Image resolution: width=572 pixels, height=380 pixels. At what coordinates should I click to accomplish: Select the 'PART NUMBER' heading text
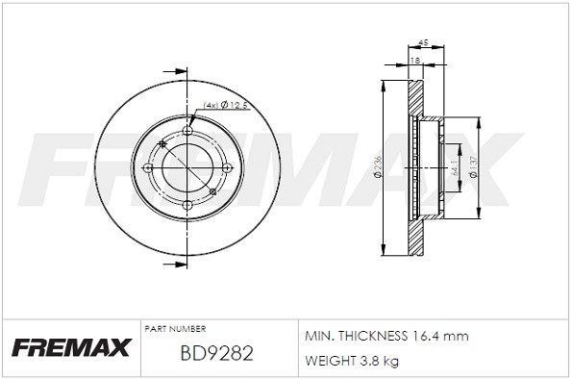pos(174,328)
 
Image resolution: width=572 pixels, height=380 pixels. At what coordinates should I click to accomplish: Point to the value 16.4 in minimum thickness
pos(428,338)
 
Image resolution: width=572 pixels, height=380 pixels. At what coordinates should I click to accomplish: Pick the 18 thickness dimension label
pos(414,61)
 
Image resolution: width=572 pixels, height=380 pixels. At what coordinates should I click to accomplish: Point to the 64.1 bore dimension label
pos(452,168)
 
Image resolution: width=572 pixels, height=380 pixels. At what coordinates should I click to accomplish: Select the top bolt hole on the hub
pos(187,132)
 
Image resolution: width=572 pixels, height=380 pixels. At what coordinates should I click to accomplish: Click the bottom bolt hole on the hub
pos(187,204)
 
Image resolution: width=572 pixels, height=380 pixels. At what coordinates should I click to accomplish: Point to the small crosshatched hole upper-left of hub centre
pos(162,144)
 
